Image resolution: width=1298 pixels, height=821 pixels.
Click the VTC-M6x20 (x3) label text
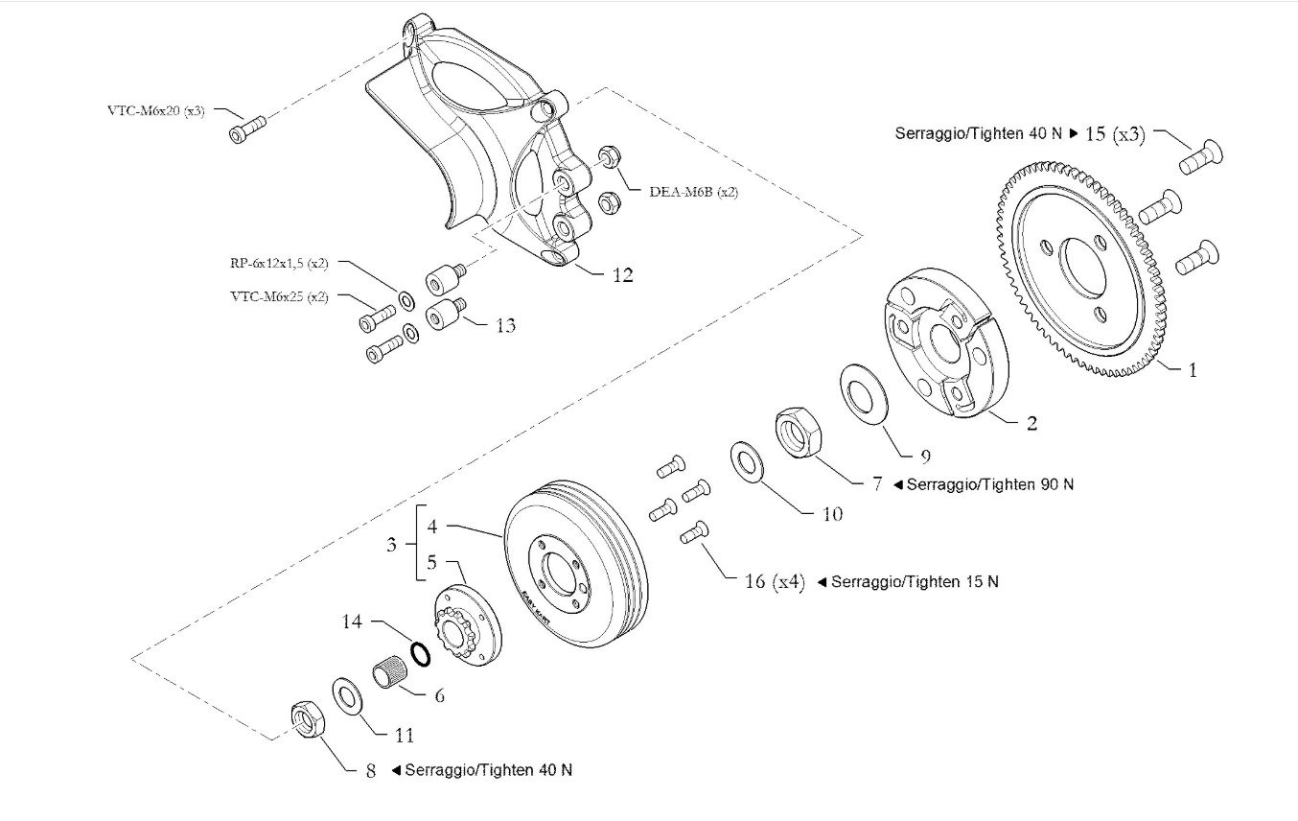(x=155, y=110)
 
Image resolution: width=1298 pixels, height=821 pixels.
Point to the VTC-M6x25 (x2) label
(x=279, y=297)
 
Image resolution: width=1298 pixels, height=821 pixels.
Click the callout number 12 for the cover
(x=622, y=275)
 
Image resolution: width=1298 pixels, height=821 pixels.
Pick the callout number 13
(x=505, y=326)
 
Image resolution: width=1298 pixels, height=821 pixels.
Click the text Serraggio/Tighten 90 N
(x=989, y=484)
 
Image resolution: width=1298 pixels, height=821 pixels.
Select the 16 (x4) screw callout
(x=774, y=581)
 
